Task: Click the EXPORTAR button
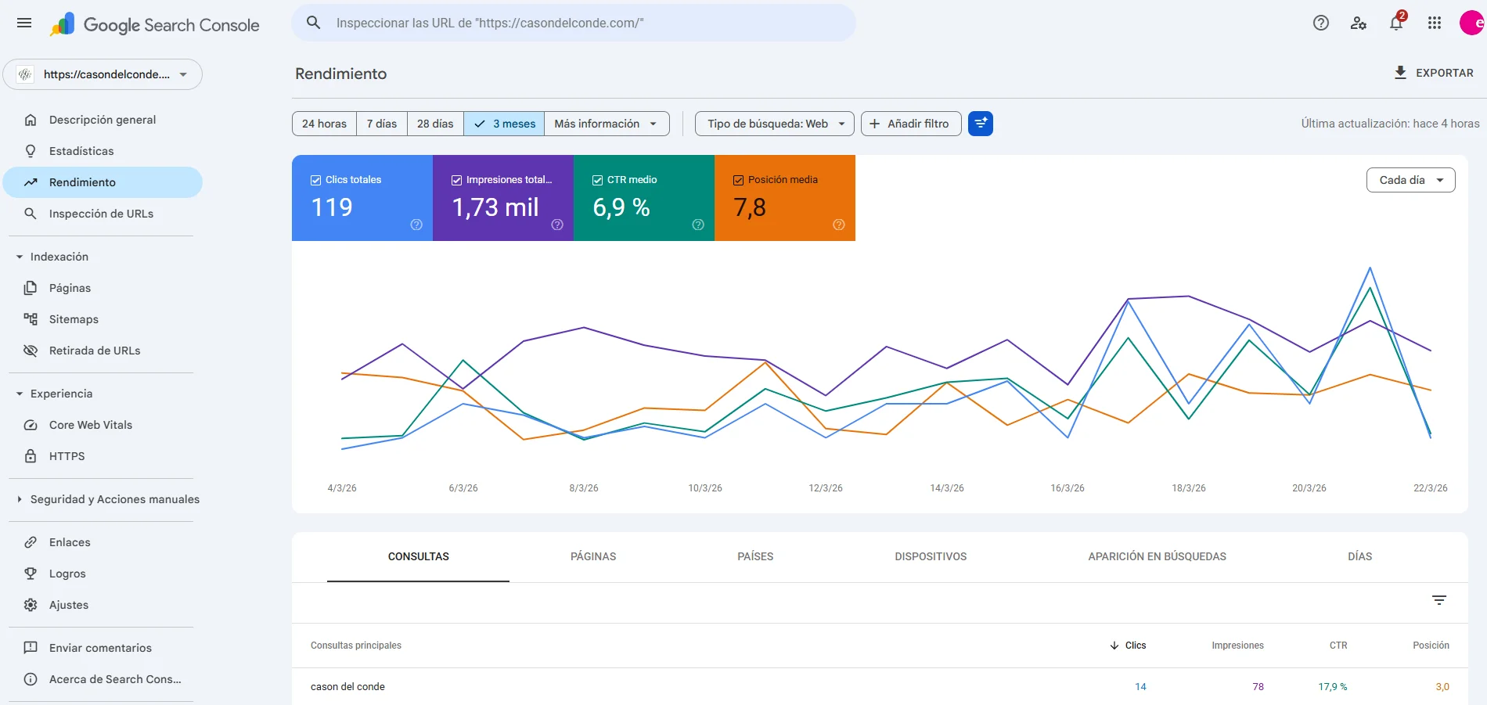point(1434,73)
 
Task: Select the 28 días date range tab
point(435,124)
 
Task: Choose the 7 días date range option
point(382,124)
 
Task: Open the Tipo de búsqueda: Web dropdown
point(775,124)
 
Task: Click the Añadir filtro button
point(911,124)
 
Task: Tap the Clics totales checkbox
point(316,180)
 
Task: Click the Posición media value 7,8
point(750,207)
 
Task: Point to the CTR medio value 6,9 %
point(621,207)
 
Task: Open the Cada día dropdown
point(1410,180)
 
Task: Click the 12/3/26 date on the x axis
point(826,488)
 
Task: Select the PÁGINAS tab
point(593,556)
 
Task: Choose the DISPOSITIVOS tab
point(931,556)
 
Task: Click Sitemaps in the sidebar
point(74,319)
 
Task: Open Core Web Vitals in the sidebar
point(91,425)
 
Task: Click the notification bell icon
point(1396,23)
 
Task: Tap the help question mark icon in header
point(1321,23)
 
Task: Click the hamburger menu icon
point(24,23)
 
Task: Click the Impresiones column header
point(1237,646)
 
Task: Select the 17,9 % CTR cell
point(1332,687)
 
